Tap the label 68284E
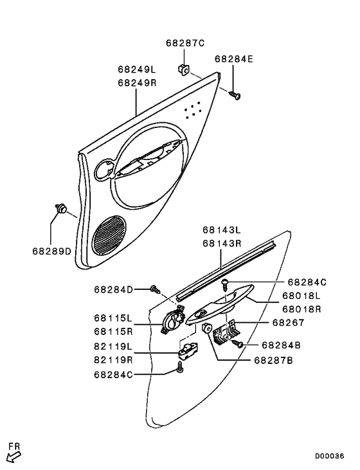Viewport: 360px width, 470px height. (x=234, y=59)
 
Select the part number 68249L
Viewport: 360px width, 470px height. (x=137, y=69)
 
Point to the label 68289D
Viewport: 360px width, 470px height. (x=51, y=251)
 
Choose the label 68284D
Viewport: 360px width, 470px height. (x=113, y=290)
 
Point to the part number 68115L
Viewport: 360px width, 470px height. (x=113, y=318)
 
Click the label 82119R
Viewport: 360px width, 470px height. (x=113, y=360)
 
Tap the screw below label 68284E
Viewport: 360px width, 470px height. (x=235, y=95)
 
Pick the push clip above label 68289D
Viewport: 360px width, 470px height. (x=62, y=208)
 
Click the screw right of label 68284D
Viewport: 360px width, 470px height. (x=154, y=290)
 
